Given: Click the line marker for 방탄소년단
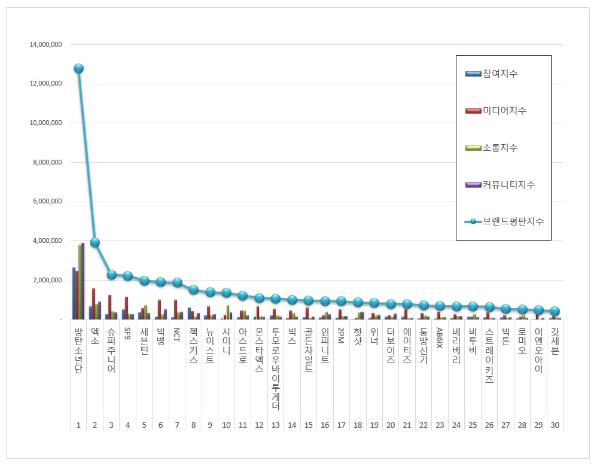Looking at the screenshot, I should tap(78, 68).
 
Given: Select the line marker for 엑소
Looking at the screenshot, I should tap(95, 242).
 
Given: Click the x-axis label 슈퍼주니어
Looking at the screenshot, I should tap(111, 350).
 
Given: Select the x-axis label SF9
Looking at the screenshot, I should tap(127, 333).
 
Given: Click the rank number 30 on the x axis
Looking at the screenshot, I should tap(555, 425).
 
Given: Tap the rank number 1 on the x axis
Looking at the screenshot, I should tap(78, 425).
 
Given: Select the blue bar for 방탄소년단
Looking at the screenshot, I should tap(74, 293).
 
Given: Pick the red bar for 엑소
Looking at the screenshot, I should tap(93, 304).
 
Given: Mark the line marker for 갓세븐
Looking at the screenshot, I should tap(555, 311).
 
